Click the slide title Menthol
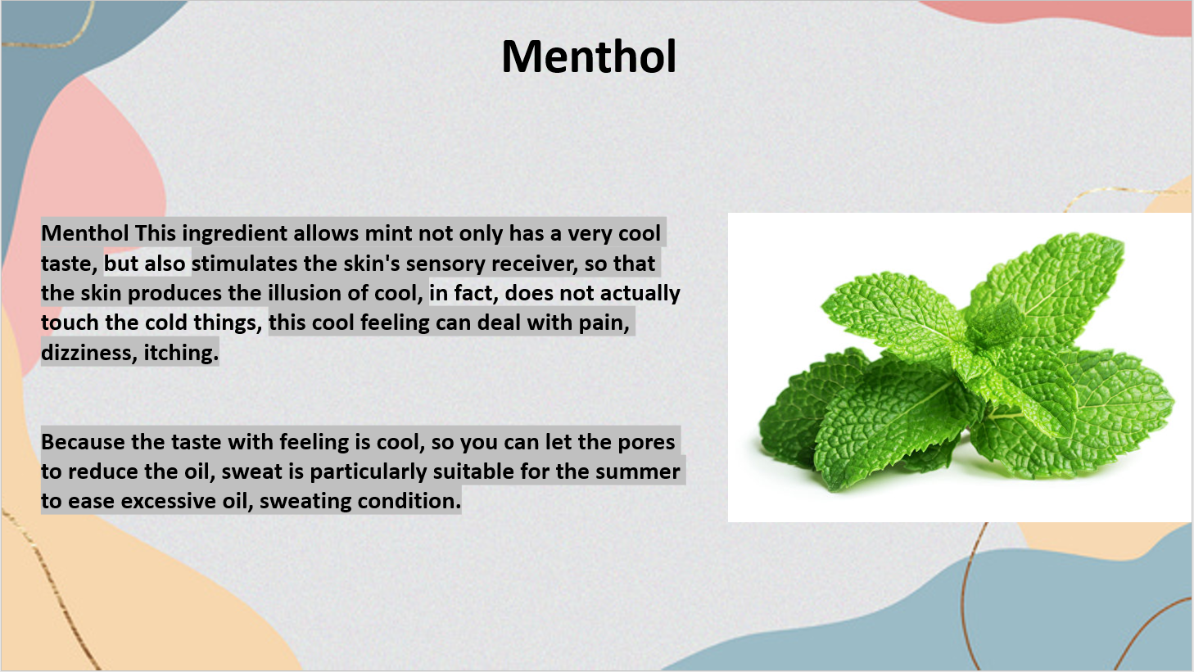[589, 56]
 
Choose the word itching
[181, 353]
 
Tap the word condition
[409, 501]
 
